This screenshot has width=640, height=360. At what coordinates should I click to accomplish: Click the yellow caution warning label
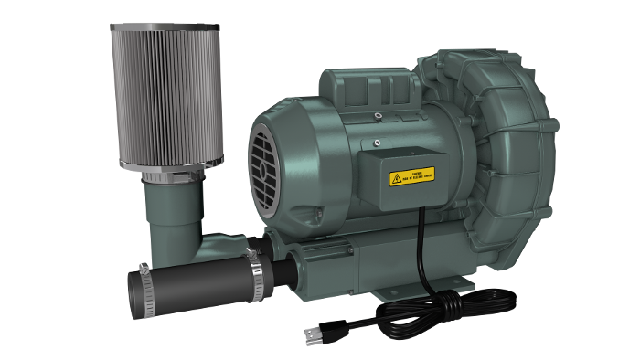[x=411, y=175]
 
